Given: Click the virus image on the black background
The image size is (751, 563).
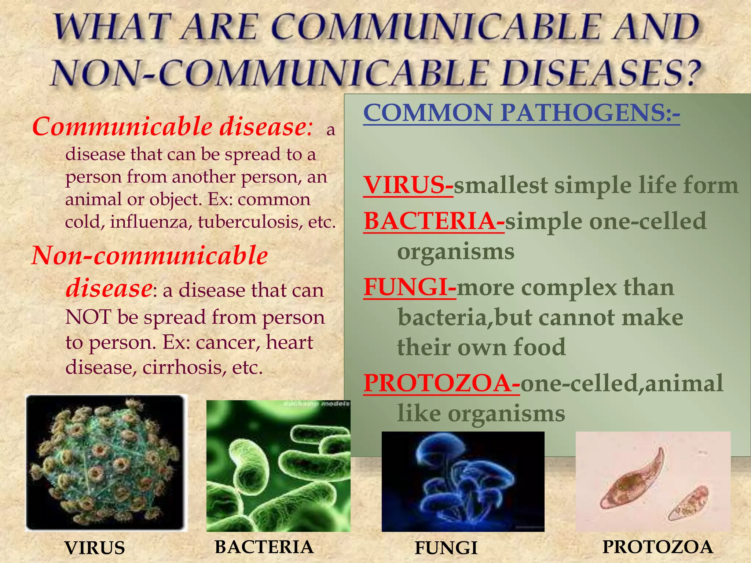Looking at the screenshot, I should coord(106,463).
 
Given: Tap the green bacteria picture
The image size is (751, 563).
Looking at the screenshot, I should coord(278,466).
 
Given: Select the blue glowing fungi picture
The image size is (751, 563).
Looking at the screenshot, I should coord(463,481).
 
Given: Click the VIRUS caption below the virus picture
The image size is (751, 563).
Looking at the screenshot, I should coord(95,548).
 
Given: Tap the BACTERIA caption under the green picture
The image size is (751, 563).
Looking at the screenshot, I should coord(264,547).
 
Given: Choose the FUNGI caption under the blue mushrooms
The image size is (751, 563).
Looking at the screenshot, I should coord(446,548).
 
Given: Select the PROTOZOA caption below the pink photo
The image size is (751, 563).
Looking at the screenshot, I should coord(657,547).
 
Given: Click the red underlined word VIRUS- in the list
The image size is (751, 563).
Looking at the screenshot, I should coord(408,185).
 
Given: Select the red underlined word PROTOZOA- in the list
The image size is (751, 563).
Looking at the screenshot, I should coord(442,383).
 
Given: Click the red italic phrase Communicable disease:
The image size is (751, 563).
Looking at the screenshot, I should coord(172,126).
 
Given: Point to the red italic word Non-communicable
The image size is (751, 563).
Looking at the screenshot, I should coord(150,255).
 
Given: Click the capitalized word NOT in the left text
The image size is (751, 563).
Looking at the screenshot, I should coord(88,317).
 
